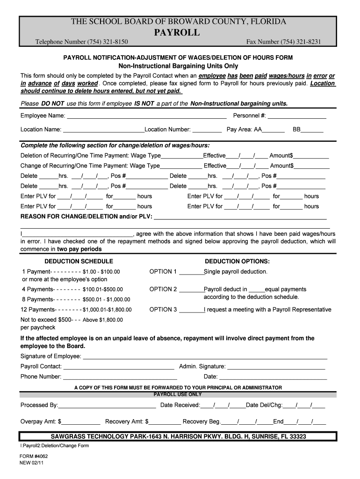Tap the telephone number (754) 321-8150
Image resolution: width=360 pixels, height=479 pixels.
(108, 43)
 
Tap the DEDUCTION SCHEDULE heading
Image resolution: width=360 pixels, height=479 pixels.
(79, 261)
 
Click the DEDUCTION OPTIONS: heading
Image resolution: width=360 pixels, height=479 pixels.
(237, 261)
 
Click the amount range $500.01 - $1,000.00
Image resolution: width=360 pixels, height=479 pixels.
(106, 299)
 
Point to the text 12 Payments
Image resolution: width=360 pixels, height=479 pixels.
(37, 310)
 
